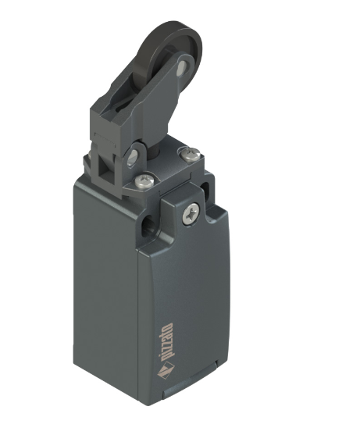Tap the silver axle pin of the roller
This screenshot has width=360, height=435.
click(x=182, y=66)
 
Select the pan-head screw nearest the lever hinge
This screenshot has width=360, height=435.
click(x=144, y=180)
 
